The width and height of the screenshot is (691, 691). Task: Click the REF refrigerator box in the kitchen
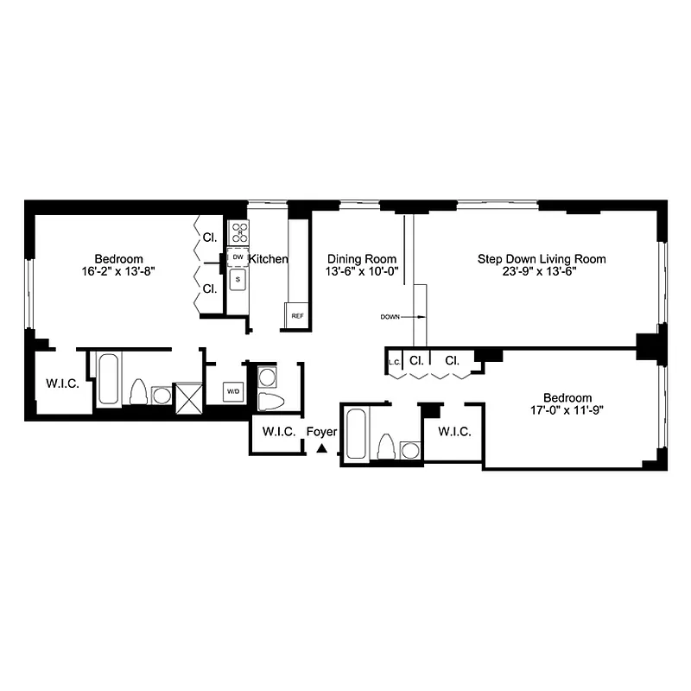point(297,316)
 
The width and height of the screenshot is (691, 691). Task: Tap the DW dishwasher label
point(238,257)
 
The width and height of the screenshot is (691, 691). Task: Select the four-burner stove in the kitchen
point(238,232)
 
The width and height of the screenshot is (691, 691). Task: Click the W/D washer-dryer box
point(233,392)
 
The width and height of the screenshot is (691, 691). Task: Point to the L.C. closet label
point(396,361)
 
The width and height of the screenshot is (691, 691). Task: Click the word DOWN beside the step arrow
point(390,317)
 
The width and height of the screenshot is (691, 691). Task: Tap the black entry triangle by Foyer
point(322,448)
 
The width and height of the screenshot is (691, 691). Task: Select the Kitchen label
point(269,259)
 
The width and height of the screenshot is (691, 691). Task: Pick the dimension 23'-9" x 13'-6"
point(542,270)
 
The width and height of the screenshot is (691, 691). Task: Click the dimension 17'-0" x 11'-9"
point(567,410)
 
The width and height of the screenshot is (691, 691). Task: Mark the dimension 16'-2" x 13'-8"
point(118,270)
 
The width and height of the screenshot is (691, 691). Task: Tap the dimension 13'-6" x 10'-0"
point(362,270)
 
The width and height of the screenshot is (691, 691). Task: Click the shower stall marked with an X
point(187,394)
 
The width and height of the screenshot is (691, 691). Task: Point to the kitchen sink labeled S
point(238,279)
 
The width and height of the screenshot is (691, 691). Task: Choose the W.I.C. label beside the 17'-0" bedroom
point(454,432)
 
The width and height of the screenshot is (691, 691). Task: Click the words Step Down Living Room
point(542,258)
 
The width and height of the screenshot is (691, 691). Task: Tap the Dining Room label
point(362,258)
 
